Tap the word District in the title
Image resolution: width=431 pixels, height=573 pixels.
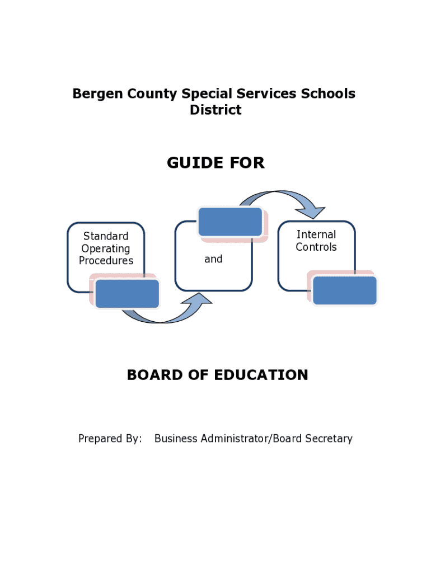[215, 110]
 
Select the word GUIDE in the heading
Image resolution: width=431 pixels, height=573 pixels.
[193, 163]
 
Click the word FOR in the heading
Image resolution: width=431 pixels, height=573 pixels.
[246, 163]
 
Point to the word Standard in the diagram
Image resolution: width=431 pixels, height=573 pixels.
[106, 236]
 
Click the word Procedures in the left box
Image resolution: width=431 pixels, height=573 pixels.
[106, 261]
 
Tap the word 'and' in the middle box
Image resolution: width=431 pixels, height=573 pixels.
[213, 259]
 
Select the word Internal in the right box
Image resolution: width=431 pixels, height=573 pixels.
[316, 234]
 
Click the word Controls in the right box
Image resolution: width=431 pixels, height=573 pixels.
[316, 247]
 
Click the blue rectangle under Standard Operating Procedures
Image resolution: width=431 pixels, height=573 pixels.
[127, 294]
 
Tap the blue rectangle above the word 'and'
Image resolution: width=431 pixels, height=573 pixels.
[230, 222]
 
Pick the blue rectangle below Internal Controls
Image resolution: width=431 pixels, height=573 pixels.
[344, 290]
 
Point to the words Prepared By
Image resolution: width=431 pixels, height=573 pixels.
[110, 439]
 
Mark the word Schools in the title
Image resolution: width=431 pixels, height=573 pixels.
[328, 94]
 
